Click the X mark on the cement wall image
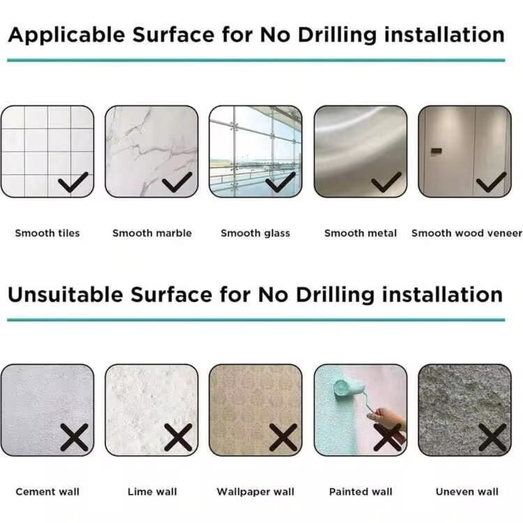(74, 437)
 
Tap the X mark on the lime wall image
(178, 437)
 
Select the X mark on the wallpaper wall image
(283, 437)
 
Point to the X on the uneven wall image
(492, 437)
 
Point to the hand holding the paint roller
(391, 420)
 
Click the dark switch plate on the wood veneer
(436, 152)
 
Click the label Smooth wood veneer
(467, 233)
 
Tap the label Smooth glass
(255, 233)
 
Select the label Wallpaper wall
(255, 492)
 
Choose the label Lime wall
(152, 492)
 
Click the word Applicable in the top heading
(66, 35)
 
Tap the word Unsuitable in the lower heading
(66, 295)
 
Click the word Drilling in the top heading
(338, 36)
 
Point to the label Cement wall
(47, 492)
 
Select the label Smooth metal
(361, 233)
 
